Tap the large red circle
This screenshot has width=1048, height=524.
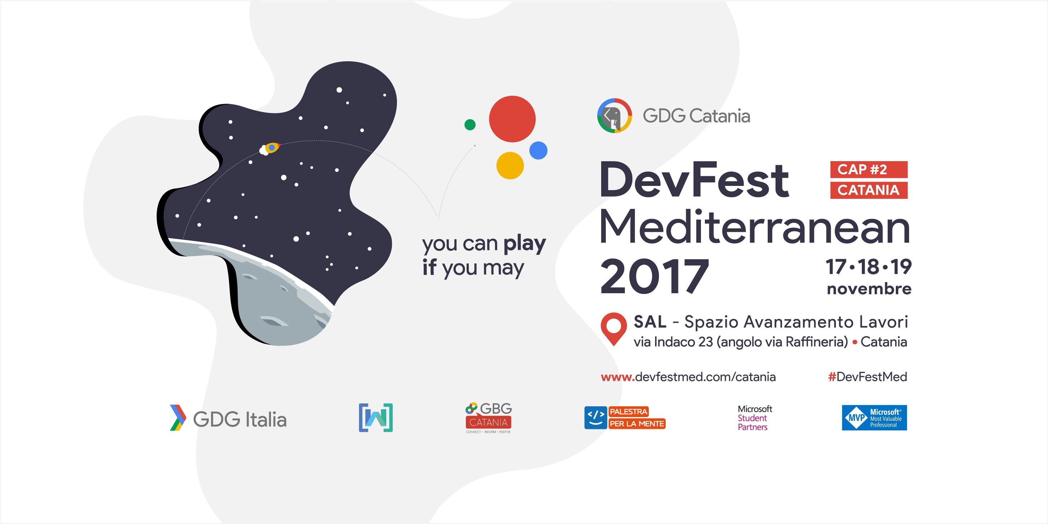tap(512, 119)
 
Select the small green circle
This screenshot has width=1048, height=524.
tap(470, 125)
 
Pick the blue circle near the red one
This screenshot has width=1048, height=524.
tap(538, 150)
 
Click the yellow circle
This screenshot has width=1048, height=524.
tap(510, 165)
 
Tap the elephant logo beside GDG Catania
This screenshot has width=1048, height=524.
tap(614, 116)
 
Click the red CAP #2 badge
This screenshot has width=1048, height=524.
tap(869, 169)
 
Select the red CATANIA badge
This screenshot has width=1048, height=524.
tap(869, 190)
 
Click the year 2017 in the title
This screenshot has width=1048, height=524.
tap(655, 276)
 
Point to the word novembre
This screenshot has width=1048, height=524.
tap(869, 289)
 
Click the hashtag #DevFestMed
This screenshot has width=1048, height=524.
tap(867, 377)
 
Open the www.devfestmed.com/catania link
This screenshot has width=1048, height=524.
tap(688, 377)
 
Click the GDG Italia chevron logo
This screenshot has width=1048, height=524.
tap(178, 418)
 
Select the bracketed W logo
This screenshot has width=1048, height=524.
tap(375, 418)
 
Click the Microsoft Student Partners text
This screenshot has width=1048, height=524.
tap(755, 418)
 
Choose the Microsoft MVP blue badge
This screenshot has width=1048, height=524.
tap(874, 418)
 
